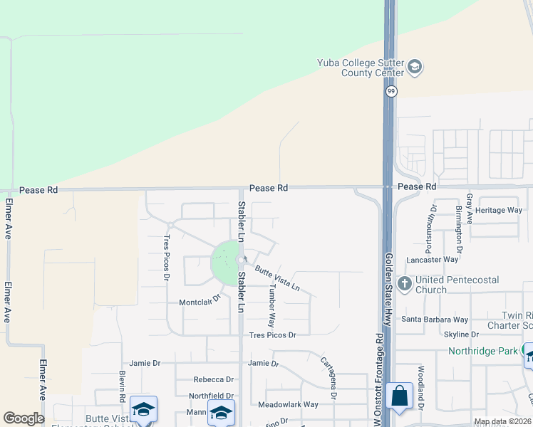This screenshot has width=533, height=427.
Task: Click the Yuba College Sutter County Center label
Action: coord(360,68)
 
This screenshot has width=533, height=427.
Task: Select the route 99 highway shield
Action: coord(391,92)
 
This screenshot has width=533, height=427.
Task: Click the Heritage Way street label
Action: coord(499,210)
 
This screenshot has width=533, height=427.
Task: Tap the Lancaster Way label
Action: coord(433,260)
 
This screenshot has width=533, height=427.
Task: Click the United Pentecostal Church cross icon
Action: coord(405,283)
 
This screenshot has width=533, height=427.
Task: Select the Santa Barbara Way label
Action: coord(435,320)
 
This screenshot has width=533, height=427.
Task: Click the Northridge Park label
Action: coord(482,351)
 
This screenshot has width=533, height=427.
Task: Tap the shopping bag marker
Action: coord(399,396)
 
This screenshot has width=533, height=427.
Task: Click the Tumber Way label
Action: coord(271,306)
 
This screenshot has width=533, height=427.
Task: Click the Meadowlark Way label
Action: coord(288,404)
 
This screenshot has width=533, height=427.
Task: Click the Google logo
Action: coord(24,418)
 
